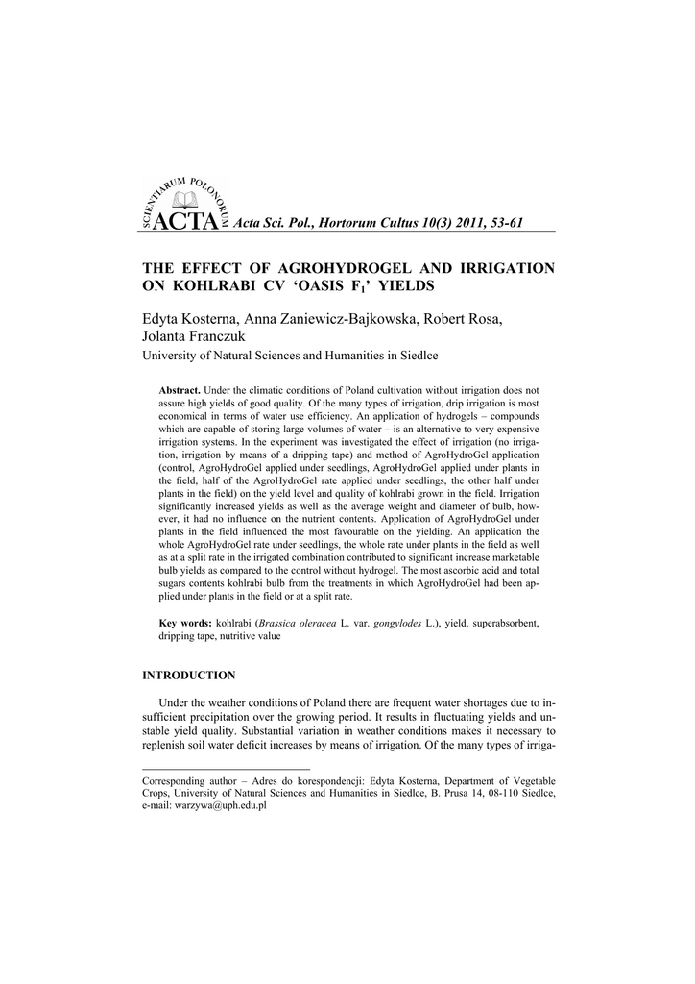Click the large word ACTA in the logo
(x=180, y=222)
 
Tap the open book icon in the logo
(x=180, y=200)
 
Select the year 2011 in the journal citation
(x=448, y=223)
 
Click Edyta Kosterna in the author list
(x=188, y=319)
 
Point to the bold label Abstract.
(x=180, y=391)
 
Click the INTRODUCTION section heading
(x=188, y=676)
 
